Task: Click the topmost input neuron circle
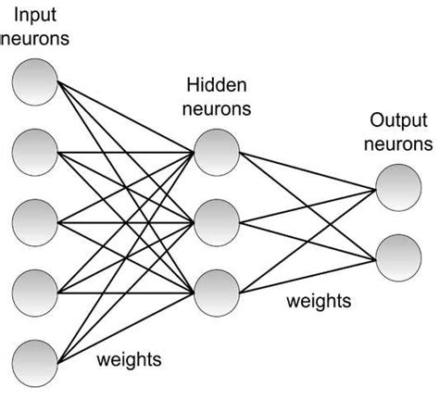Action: point(35,82)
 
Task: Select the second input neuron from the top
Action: point(35,151)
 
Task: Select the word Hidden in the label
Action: point(215,85)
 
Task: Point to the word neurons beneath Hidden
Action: point(215,108)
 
